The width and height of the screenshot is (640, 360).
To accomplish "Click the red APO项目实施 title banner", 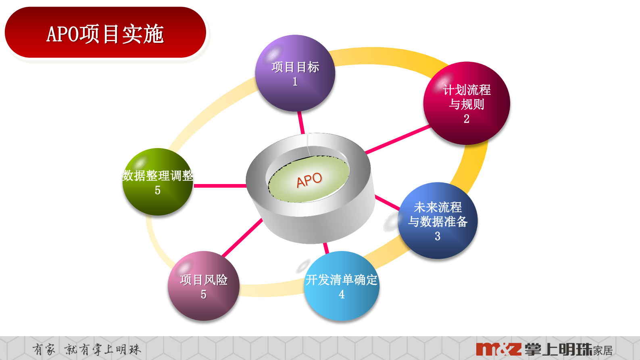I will click(105, 33).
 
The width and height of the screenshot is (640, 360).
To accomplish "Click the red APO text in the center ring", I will click(309, 180).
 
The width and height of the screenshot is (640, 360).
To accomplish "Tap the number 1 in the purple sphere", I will click(295, 82).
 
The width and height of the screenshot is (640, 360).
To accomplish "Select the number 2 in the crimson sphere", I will click(467, 119).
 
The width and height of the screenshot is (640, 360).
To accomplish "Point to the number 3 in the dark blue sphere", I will click(438, 236).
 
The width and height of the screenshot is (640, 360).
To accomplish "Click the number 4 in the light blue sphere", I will click(342, 294).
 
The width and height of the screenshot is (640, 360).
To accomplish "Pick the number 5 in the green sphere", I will click(158, 190).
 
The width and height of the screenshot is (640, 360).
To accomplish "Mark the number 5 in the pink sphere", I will click(204, 294).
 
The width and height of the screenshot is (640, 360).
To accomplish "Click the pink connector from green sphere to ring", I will click(220, 186).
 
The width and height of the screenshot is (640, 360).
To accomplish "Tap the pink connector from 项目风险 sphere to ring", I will click(242, 238).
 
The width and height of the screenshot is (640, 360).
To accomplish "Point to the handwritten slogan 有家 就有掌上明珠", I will click(87, 349).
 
